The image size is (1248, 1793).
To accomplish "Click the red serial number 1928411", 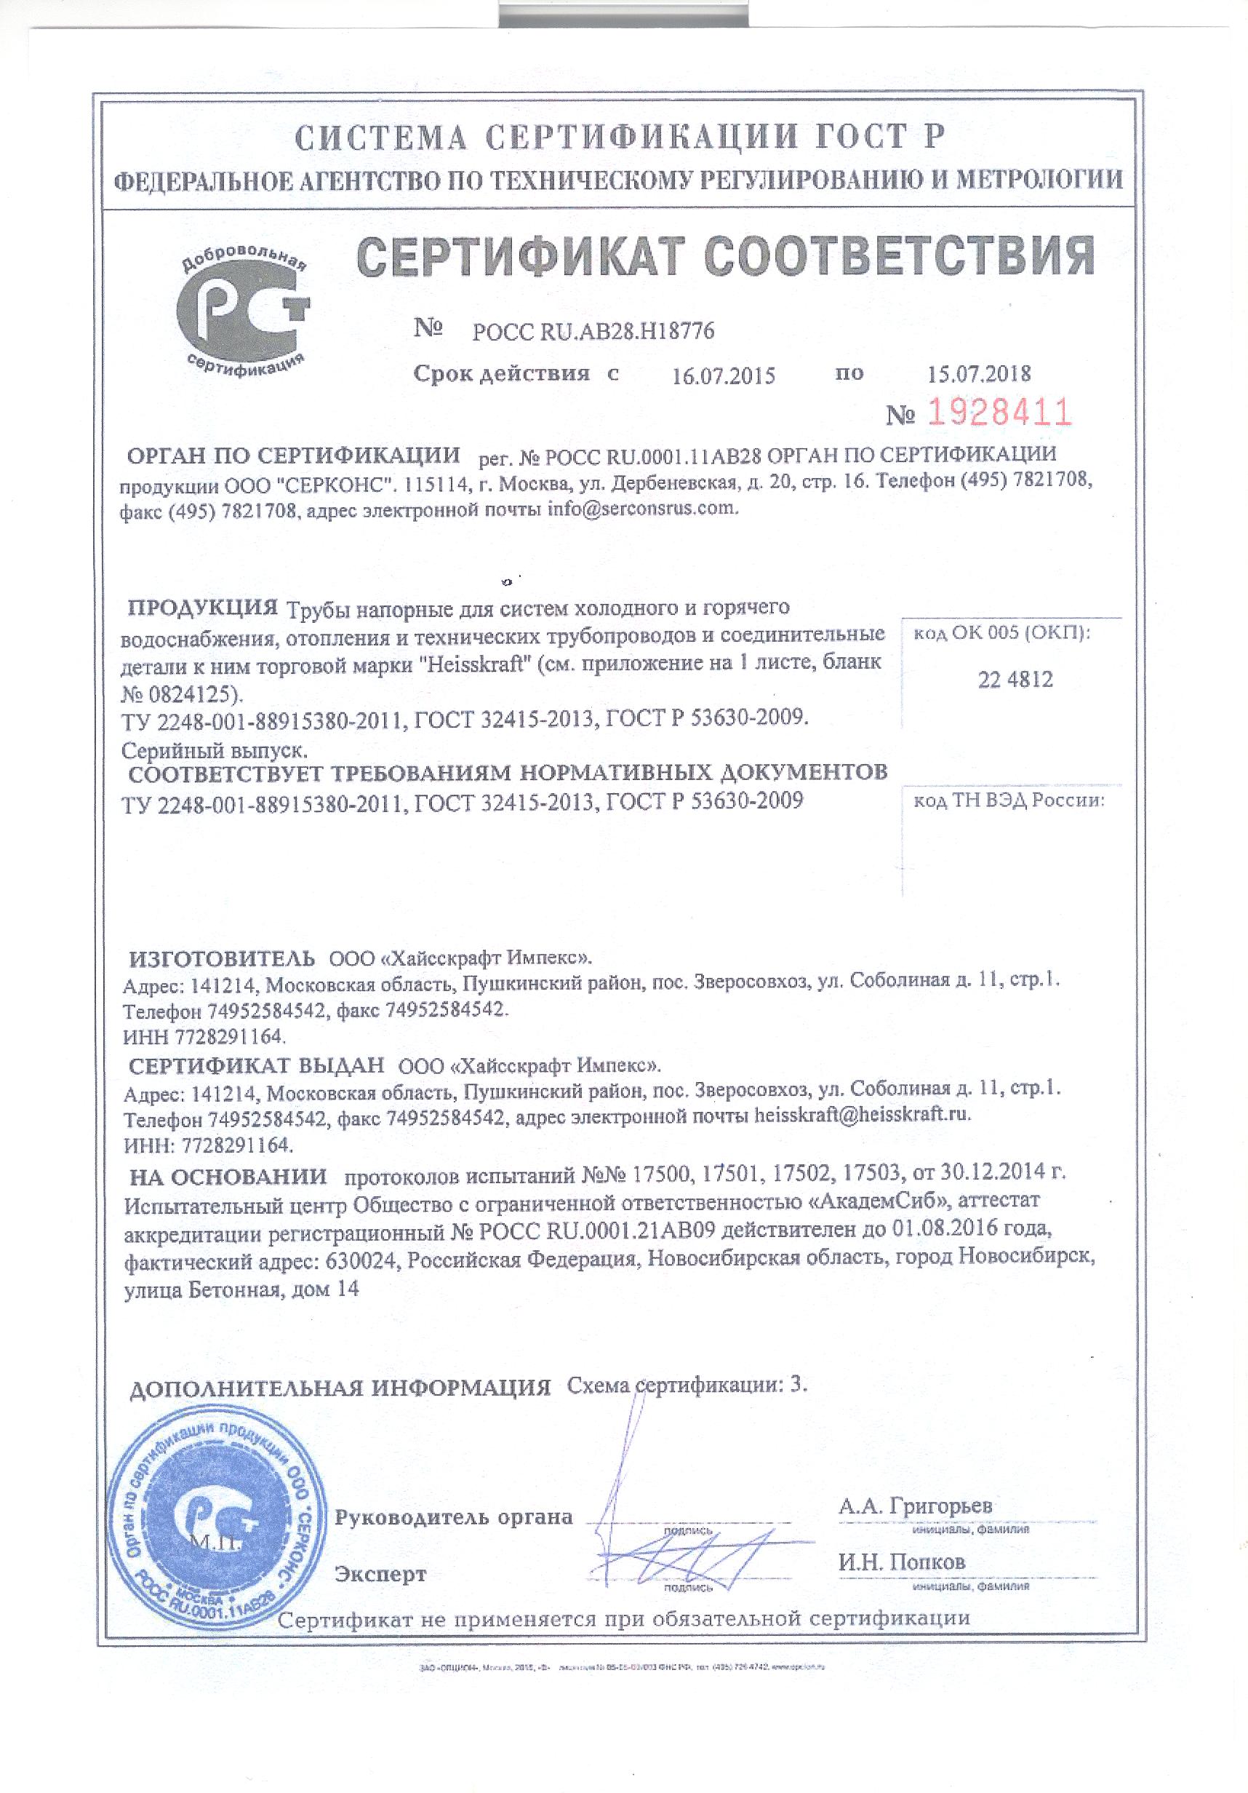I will [x=999, y=412].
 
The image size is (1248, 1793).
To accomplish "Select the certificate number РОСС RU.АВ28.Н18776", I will [x=593, y=332].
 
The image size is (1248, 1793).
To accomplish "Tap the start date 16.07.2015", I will [x=723, y=376].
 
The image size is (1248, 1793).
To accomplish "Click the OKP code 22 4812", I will [x=1015, y=680].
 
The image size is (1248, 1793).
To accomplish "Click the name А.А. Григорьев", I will [x=916, y=1506].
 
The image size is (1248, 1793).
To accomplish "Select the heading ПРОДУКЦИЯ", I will [x=203, y=607].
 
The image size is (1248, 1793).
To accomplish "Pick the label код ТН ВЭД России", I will [x=1009, y=801].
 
